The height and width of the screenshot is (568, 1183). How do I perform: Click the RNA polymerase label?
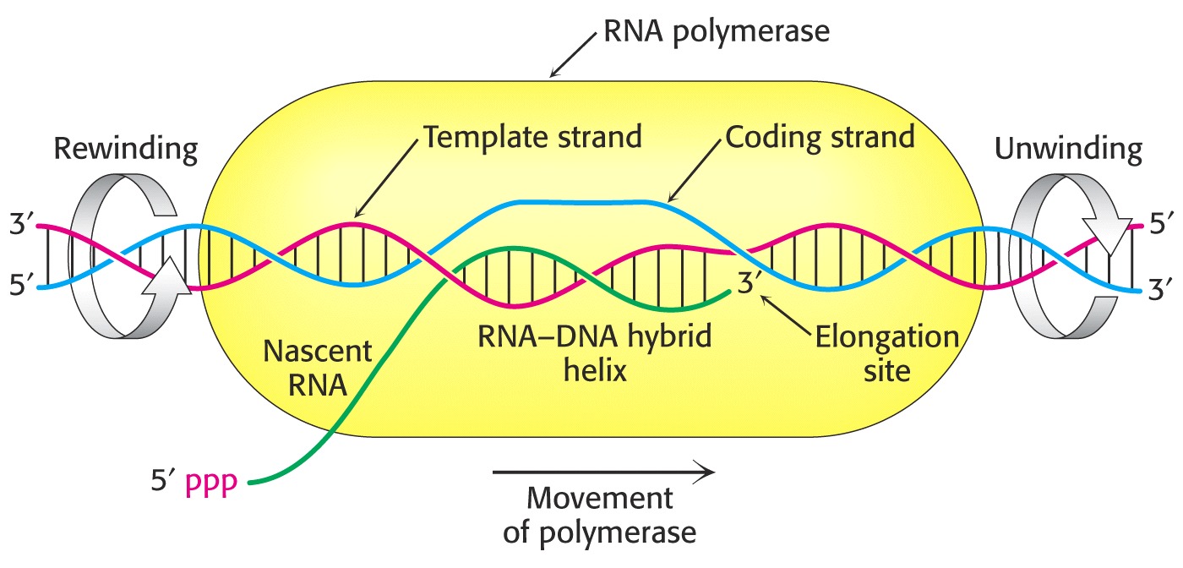pos(717,32)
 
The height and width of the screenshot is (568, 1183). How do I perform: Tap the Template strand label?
pos(532,137)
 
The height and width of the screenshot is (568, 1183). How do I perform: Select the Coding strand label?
pos(820,137)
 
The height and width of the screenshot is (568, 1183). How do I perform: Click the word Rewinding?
pos(126,150)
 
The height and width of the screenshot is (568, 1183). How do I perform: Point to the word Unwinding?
pos(1068,150)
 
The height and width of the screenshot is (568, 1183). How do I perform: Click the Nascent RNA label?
pos(318,368)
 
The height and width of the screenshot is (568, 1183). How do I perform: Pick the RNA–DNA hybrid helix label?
pos(595,353)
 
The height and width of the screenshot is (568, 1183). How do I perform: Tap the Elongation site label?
pos(887,353)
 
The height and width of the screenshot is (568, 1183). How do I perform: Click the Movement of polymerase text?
pos(599,515)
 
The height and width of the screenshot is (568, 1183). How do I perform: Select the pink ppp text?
pos(211,483)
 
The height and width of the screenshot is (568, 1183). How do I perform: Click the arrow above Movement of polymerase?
pos(603,472)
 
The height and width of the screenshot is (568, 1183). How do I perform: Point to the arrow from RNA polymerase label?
pos(573,55)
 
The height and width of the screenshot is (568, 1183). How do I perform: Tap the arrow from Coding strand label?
pos(695,172)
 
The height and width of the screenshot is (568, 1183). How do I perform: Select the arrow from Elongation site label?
pos(785,315)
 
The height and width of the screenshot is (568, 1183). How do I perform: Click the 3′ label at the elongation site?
pos(747,283)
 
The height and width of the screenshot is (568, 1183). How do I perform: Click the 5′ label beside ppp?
pos(162,480)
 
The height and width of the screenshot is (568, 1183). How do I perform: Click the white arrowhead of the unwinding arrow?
pos(1107,235)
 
